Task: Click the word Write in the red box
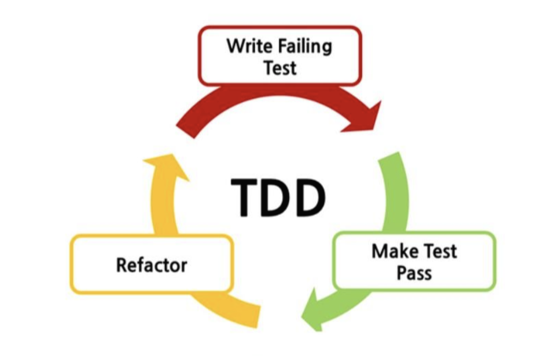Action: (x=247, y=45)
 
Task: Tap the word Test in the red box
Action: (x=280, y=68)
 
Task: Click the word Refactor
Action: (x=151, y=264)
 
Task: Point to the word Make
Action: (x=390, y=251)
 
